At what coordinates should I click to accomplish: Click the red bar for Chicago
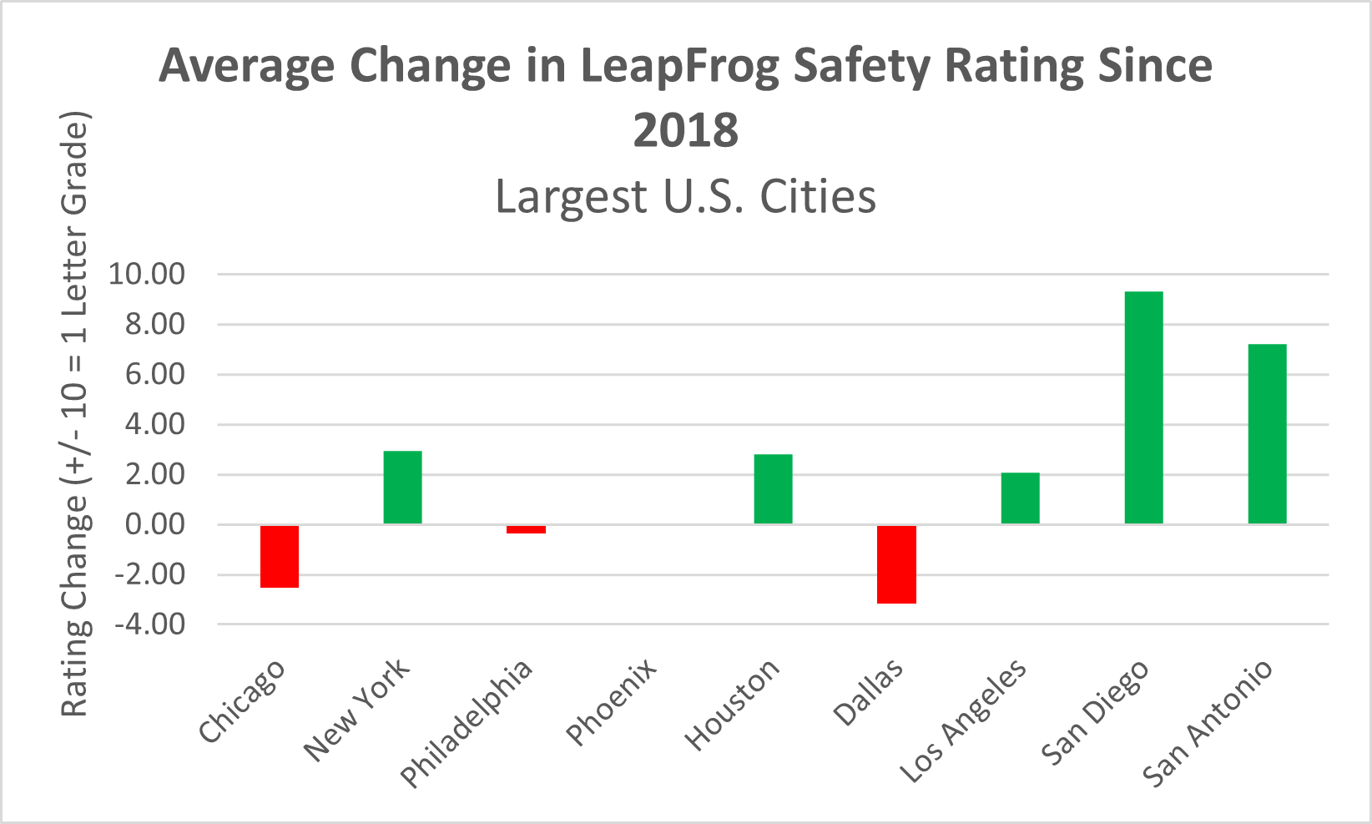(280, 556)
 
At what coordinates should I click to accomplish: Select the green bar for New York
(403, 488)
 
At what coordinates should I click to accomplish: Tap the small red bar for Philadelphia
(527, 529)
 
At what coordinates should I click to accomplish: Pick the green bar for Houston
(774, 489)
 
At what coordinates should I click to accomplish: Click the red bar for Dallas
(897, 564)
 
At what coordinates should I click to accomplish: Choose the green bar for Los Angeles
(1021, 498)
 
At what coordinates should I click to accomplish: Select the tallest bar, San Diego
(1144, 407)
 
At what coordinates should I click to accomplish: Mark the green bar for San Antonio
(1268, 434)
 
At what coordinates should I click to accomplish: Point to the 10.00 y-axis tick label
(147, 274)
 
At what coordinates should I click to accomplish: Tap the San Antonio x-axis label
(1208, 723)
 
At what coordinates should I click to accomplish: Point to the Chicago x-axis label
(243, 701)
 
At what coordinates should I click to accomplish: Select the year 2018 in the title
(686, 131)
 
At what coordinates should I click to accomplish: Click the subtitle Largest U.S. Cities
(686, 197)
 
